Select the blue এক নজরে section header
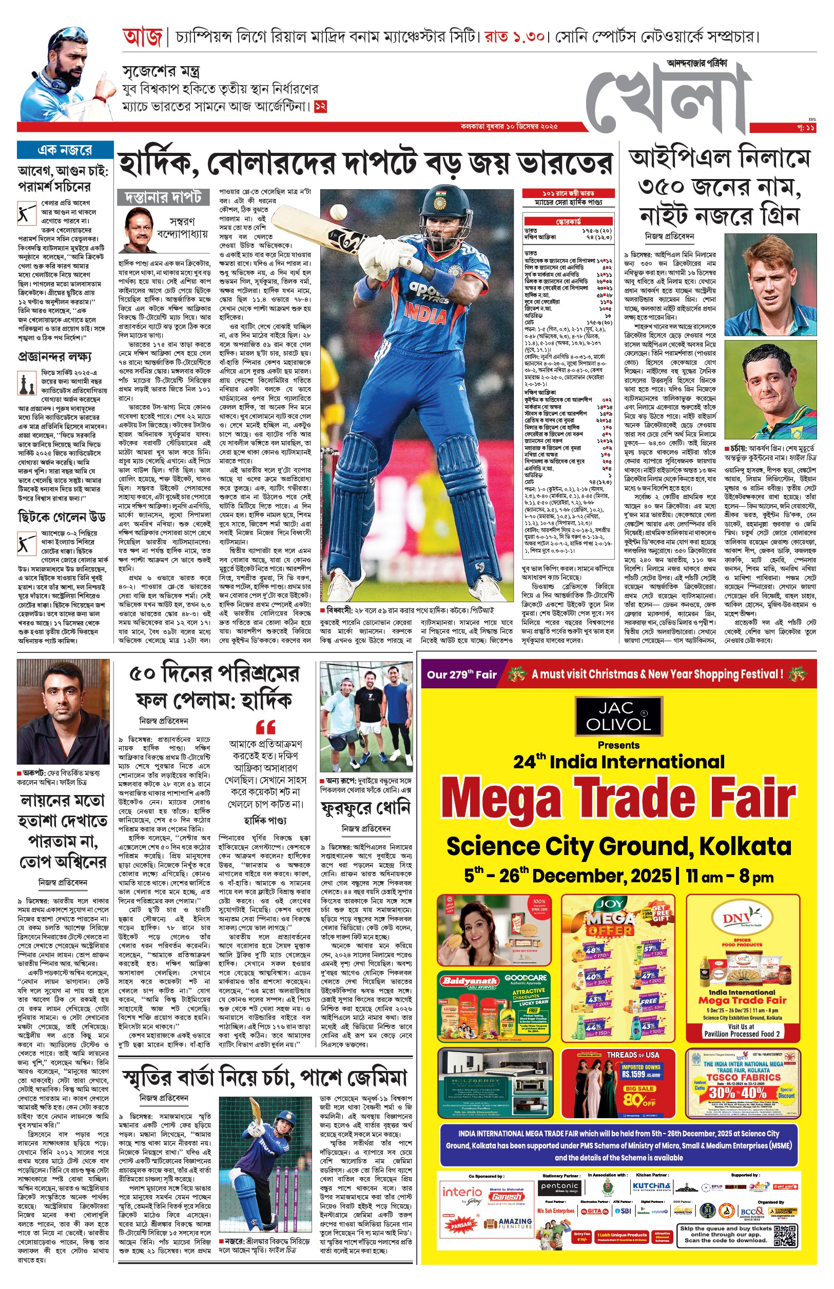(65, 150)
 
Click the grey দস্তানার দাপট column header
(163, 197)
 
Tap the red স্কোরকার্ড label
(568, 221)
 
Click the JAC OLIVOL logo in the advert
(618, 716)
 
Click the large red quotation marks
(265, 726)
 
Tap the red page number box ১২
(321, 106)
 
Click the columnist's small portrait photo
(139, 226)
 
